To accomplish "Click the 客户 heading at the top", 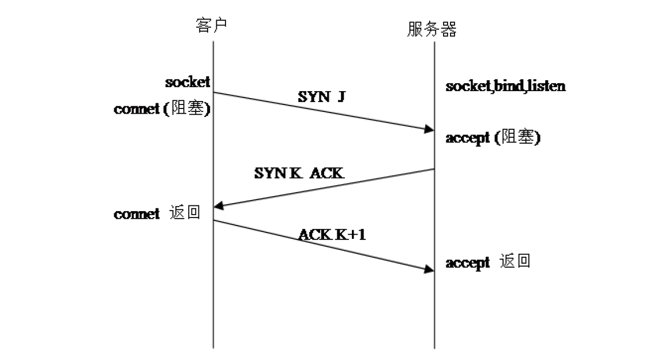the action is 211,25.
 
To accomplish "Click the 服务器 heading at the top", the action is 431,29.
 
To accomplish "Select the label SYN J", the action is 321,97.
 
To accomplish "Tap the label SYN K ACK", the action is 299,173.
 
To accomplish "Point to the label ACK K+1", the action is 332,235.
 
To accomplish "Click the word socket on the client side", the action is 187,82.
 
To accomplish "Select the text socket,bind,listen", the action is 506,86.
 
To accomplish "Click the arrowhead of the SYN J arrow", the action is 429,129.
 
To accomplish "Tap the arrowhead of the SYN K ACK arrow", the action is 219,206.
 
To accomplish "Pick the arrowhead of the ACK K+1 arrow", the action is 429,269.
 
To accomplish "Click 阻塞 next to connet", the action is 187,108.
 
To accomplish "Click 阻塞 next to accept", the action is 518,137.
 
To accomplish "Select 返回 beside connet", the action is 185,212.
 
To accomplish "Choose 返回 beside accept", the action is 515,261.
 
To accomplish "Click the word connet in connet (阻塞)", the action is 136,109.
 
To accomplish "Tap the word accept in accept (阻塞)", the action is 468,138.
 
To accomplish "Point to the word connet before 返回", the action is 136,214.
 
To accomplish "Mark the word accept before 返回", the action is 468,263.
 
